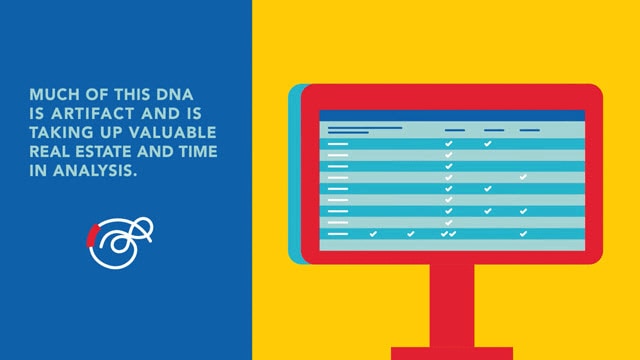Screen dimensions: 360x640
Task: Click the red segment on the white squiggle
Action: [x=91, y=235]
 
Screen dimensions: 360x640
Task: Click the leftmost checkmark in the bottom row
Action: [x=373, y=233]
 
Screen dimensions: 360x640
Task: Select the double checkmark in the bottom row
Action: [x=448, y=233]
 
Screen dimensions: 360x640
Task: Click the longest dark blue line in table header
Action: [x=365, y=128]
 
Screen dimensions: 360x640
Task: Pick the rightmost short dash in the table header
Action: [x=529, y=130]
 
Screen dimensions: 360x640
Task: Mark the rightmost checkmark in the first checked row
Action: [x=487, y=144]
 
